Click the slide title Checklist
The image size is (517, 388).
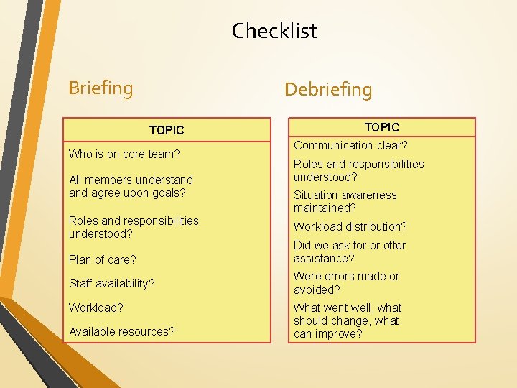[274, 31]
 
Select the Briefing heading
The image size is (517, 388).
[101, 88]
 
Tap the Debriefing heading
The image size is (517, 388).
[328, 90]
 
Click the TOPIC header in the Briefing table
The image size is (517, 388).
[167, 130]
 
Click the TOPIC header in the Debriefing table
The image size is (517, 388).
[382, 127]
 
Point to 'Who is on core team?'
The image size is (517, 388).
[124, 154]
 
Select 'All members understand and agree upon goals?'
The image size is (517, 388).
[131, 186]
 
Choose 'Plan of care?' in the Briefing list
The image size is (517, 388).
[102, 259]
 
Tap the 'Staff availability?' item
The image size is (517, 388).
[111, 283]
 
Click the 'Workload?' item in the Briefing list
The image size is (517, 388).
[96, 308]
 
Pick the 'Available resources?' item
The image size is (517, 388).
[121, 331]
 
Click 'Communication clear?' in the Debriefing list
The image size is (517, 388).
[350, 145]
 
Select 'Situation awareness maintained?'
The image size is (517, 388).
[345, 201]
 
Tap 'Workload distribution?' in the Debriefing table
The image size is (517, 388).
[350, 226]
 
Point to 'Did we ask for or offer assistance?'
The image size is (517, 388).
[349, 251]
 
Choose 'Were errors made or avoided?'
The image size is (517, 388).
[346, 283]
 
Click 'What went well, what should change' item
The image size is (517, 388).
[348, 314]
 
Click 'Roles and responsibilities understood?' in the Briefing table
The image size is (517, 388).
[134, 227]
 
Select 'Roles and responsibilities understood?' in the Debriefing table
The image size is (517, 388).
[358, 170]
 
